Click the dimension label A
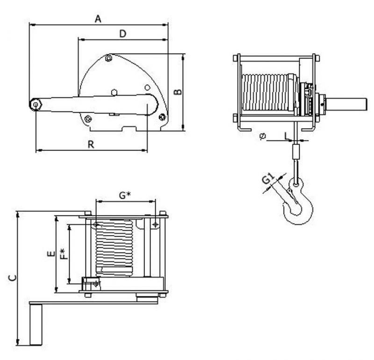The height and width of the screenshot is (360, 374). [98, 19]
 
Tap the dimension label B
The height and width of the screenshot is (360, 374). [177, 92]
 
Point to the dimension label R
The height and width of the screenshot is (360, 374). [92, 144]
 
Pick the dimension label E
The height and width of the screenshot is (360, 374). [50, 254]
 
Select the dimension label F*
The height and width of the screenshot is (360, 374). [63, 254]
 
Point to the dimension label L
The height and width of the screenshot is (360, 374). [286, 135]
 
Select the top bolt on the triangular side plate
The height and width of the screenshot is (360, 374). [108, 58]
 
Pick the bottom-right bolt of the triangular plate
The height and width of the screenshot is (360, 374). [162, 116]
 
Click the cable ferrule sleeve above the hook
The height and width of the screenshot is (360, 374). [295, 152]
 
